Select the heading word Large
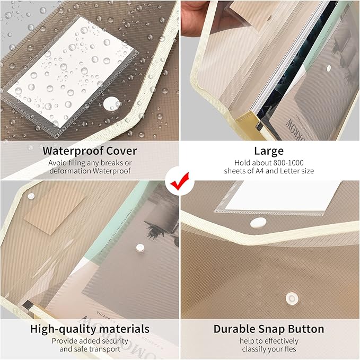pyautogui.click(x=269, y=152)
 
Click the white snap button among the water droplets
pyautogui.click(x=112, y=104)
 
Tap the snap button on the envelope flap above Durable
pyautogui.click(x=258, y=223)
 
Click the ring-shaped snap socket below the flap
pyautogui.click(x=292, y=298)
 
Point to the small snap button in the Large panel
pyautogui.click(x=329, y=68)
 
